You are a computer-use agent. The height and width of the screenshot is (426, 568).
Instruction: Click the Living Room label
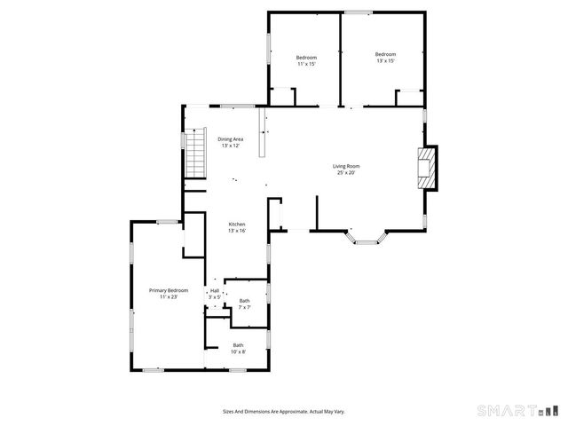pos(346,166)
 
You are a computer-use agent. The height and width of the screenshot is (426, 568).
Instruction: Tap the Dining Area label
pos(231,139)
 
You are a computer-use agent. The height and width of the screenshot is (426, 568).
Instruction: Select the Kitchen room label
pos(237,224)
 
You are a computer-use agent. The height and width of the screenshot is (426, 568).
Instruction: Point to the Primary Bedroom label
pos(169,290)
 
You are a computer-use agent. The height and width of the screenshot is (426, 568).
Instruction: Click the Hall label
pos(214,290)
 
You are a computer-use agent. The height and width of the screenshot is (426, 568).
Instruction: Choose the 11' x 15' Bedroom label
pos(306,58)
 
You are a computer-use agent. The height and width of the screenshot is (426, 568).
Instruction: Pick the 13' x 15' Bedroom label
pos(385,54)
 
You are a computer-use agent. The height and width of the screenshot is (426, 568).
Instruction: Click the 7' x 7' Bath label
pos(244,301)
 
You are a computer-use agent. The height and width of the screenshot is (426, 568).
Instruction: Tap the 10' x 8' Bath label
pos(238,344)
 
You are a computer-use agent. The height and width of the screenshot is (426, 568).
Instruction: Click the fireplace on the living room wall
pos(428,167)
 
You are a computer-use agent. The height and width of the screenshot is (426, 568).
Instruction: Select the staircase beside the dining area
pos(195,154)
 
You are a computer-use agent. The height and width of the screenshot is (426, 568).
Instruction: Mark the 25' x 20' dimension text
pos(346,172)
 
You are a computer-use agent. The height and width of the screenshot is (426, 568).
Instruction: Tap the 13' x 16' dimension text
pos(237,231)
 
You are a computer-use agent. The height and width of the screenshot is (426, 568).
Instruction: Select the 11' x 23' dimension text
pos(169,297)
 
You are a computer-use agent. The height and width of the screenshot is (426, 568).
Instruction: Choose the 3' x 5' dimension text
pos(214,297)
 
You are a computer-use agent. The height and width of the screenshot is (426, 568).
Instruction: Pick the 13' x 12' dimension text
pos(231,146)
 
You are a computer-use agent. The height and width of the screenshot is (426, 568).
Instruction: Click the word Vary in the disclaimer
pos(339,411)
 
